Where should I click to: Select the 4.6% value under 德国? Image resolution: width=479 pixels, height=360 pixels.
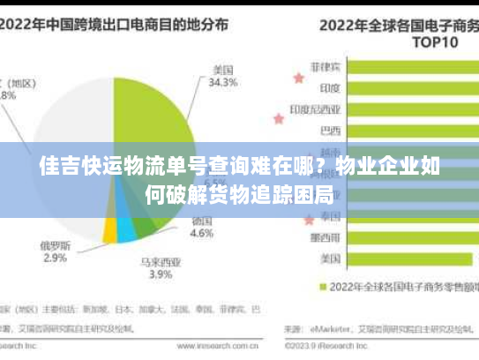click(x=202, y=234)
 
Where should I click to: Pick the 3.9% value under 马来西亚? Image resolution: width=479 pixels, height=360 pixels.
click(x=161, y=275)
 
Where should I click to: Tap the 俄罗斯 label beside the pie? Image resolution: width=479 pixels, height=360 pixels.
click(x=55, y=244)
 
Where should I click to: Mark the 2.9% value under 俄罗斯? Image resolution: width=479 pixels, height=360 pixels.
click(x=55, y=258)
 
